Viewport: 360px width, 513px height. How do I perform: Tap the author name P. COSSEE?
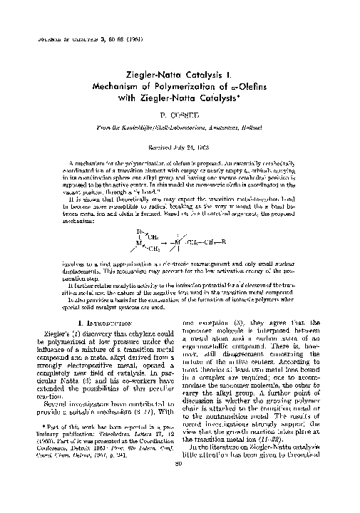point(180,113)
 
